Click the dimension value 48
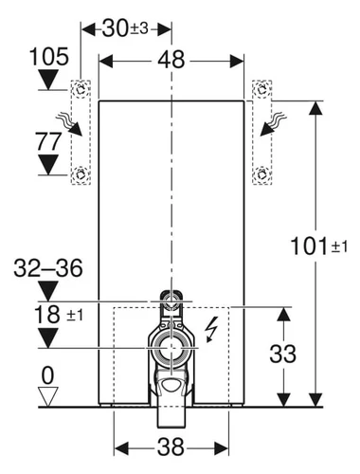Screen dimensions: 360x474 (171, 60)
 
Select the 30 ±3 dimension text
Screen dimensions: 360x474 (125, 28)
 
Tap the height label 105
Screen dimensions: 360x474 (49, 57)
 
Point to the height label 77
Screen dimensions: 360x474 (48, 141)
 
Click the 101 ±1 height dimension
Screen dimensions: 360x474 (318, 246)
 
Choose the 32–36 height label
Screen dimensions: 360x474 (48, 268)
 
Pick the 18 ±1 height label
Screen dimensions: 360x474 (59, 315)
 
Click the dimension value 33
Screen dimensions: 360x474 (282, 354)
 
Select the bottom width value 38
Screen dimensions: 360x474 (171, 447)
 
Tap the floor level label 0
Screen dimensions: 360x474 (48, 375)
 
